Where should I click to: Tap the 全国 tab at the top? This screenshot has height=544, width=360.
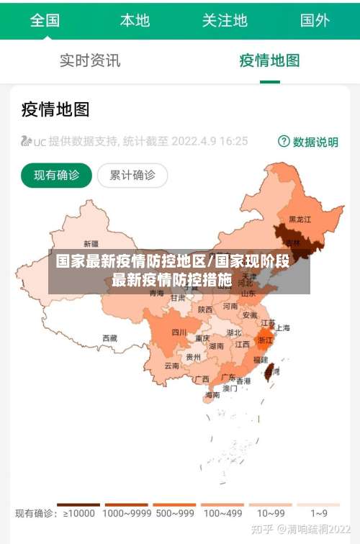45,20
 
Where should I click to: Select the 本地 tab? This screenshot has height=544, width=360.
135,20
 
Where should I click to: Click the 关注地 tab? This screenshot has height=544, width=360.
225,20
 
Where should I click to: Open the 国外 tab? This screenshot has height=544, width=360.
315,20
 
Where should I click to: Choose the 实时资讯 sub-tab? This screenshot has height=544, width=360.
90,60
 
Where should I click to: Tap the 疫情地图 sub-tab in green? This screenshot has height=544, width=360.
269,60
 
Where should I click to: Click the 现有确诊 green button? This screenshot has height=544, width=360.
56,175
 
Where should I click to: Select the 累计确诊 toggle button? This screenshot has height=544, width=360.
132,175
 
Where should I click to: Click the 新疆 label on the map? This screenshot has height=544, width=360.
91,243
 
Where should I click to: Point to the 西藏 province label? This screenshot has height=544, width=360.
109,337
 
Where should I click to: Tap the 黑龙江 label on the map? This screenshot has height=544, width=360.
300,219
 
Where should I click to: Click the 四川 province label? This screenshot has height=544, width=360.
179,332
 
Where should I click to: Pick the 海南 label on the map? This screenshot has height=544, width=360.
212,395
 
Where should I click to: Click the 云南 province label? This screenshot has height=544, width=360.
172,366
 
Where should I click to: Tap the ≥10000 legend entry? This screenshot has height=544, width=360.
78,513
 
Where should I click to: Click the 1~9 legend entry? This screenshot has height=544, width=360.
319,513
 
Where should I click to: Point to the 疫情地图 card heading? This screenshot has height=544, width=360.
55,109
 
